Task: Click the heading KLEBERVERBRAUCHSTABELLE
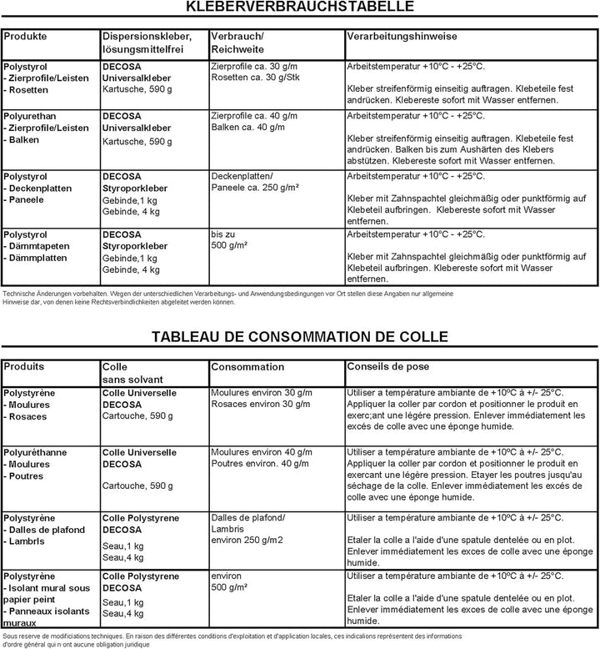pos(301,8)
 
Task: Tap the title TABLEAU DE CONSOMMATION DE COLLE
pos(300,337)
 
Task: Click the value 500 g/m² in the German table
pos(230,247)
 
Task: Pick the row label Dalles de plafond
pos(47,530)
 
